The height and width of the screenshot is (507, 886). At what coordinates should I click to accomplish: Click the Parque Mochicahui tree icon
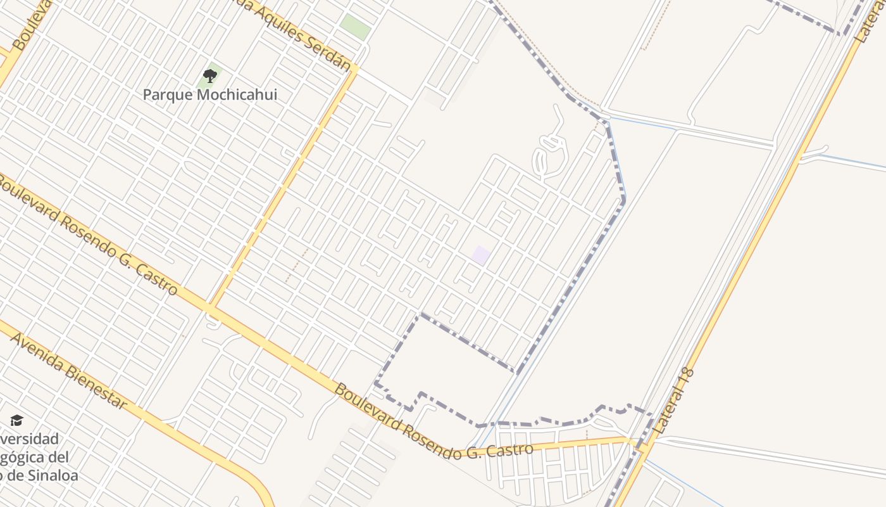210,77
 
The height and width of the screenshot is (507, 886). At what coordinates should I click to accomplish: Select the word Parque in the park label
166,95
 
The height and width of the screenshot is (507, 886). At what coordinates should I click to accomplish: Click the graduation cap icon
16,420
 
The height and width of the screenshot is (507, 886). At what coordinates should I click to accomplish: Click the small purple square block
481,255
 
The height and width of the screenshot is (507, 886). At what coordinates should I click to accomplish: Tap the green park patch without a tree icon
354,27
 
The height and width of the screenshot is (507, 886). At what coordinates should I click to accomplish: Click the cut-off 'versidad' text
29,439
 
